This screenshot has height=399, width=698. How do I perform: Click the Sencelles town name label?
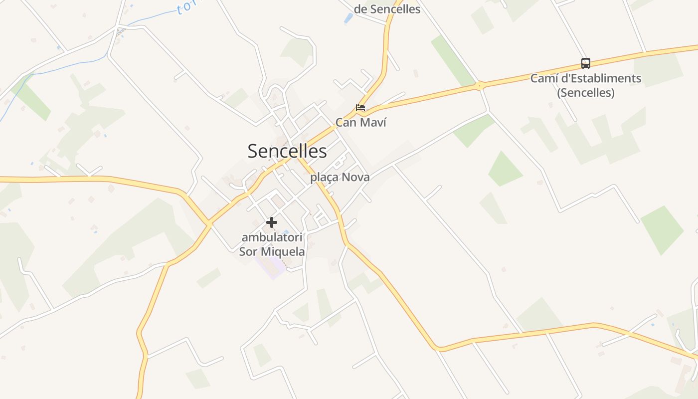287,151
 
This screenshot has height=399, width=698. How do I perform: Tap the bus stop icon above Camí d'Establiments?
586,63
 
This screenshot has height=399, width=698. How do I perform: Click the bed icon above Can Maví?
360,107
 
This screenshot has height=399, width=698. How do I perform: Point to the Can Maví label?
360,122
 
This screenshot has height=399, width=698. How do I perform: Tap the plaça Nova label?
340,177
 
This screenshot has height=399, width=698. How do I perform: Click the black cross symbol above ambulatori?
272,222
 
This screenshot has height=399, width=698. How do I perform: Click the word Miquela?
286,251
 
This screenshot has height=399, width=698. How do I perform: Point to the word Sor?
248,251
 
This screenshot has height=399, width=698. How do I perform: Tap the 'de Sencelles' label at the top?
387,9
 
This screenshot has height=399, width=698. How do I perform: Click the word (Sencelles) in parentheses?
586,93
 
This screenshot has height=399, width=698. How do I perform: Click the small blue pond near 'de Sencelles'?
348,19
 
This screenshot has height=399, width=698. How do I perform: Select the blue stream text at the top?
185,7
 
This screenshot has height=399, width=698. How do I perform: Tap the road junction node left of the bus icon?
479,86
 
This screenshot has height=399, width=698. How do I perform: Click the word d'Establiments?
602,78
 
